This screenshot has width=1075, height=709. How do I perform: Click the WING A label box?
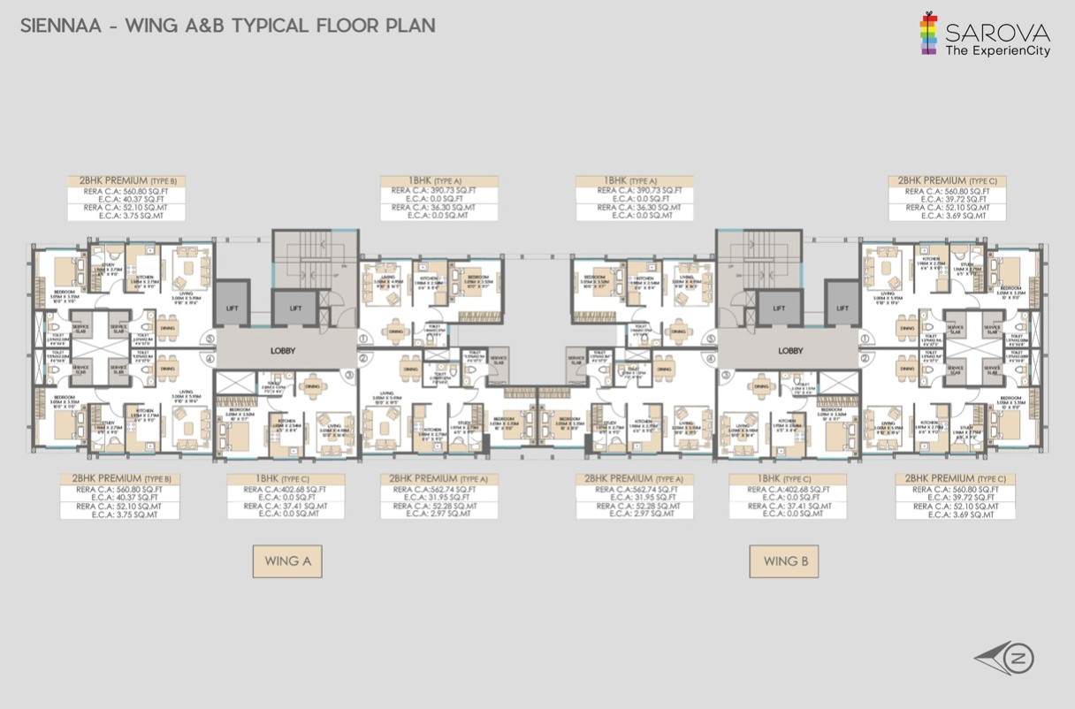click(x=286, y=561)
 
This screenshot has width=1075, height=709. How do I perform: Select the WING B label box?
click(x=783, y=561)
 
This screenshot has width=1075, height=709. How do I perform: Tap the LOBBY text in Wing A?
click(x=283, y=351)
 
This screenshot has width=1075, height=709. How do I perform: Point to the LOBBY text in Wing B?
click(x=790, y=351)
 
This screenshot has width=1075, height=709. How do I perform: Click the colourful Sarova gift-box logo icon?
click(x=927, y=34)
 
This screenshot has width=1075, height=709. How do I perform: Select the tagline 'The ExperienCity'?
click(x=997, y=51)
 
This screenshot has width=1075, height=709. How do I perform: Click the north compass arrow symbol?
click(x=1006, y=658)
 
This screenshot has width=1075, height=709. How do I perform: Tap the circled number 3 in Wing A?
click(x=349, y=375)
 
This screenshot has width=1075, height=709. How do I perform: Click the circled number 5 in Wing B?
click(x=711, y=339)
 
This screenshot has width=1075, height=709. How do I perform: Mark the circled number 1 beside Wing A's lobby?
click(x=363, y=339)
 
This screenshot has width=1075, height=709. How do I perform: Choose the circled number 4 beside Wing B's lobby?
click(x=711, y=359)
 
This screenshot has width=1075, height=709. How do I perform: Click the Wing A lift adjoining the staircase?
click(x=295, y=309)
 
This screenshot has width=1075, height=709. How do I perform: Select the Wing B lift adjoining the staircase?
click(x=778, y=309)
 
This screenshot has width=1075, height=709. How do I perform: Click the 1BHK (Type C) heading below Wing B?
click(x=787, y=479)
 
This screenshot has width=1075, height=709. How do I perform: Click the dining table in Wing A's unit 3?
click(x=312, y=386)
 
